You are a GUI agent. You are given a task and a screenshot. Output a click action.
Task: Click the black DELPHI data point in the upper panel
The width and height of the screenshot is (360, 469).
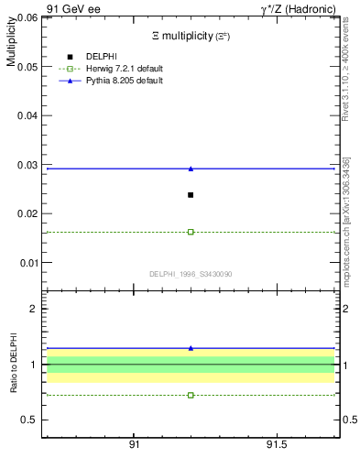coord(191,195)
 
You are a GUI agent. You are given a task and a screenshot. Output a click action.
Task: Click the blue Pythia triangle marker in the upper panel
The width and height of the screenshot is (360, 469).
coord(191,169)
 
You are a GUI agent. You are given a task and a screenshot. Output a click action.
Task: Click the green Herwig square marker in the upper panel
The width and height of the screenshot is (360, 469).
coord(191,232)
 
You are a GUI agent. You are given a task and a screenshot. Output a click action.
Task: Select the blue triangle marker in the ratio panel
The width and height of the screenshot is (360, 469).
coord(191,348)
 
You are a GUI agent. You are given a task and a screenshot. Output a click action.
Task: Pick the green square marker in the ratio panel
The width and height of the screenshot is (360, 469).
coord(191,395)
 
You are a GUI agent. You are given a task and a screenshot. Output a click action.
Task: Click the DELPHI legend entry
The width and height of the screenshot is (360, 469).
coord(101,57)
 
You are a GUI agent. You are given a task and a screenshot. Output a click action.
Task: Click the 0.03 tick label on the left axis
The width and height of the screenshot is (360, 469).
coord(27,165)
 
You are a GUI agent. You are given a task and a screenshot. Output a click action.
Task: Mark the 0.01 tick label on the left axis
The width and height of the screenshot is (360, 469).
coord(27,263)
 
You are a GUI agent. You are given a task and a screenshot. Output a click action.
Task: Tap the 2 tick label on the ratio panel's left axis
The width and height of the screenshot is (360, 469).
coord(32,309)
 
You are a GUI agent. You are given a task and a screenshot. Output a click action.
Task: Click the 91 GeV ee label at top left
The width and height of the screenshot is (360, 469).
coord(72,8)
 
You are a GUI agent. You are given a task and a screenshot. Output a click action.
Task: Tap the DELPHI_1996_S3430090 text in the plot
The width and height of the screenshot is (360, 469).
coord(191,273)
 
